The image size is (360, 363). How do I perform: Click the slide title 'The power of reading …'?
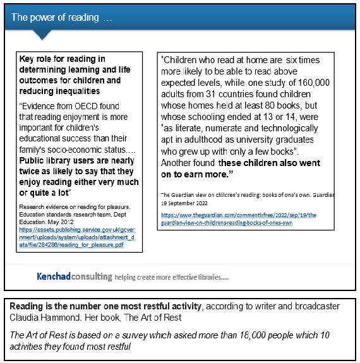pos(62,18)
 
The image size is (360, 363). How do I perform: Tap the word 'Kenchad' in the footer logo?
pos(53,277)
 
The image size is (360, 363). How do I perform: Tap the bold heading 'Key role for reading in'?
pos(63,59)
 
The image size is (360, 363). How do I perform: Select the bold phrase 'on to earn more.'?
pos(200,173)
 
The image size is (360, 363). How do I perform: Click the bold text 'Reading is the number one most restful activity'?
pos(105,306)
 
